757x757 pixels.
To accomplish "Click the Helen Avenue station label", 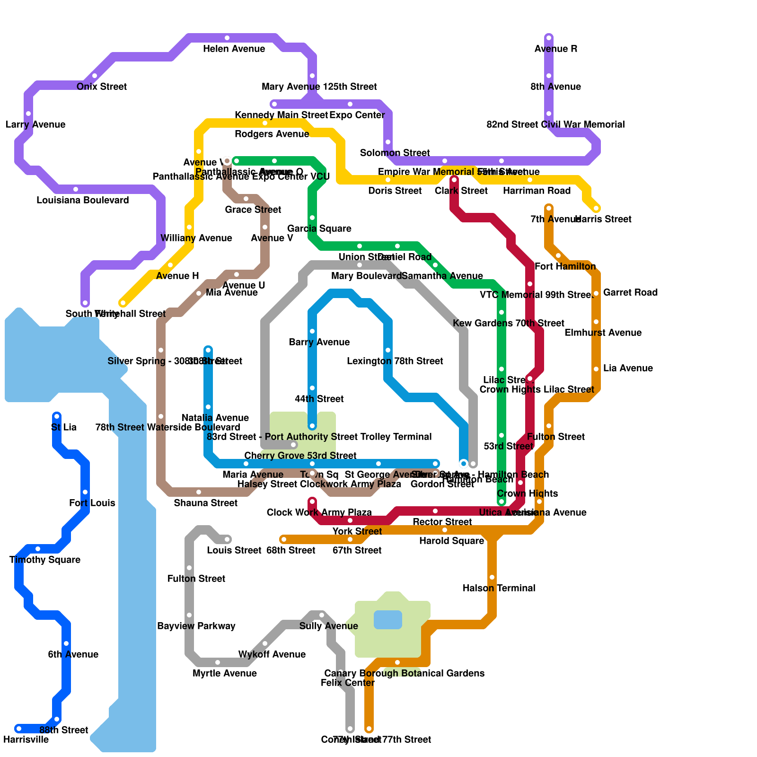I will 234,49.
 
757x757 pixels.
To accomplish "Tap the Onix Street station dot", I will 95,76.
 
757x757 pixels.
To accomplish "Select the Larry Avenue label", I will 35,124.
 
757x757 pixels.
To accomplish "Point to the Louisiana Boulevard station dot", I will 76,189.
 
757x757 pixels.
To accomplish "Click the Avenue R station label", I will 555,49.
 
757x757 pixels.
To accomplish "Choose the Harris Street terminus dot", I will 596,208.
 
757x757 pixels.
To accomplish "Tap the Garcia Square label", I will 319,229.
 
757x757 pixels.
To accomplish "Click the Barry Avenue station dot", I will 312,331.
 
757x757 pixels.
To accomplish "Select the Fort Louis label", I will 92,503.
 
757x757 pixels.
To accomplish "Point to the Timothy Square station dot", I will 38,549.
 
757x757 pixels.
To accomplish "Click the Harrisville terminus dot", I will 19,729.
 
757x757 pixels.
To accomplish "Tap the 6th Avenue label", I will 73,654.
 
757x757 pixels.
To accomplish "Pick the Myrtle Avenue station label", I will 225,673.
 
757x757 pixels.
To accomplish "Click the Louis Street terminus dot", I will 227,539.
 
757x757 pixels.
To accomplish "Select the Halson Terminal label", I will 499,588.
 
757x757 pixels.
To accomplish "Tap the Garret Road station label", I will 630,292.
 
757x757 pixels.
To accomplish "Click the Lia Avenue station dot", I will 596,369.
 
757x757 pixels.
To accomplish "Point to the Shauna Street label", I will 206,503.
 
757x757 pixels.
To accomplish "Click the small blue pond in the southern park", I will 388,620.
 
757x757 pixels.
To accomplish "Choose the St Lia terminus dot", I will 57,416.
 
